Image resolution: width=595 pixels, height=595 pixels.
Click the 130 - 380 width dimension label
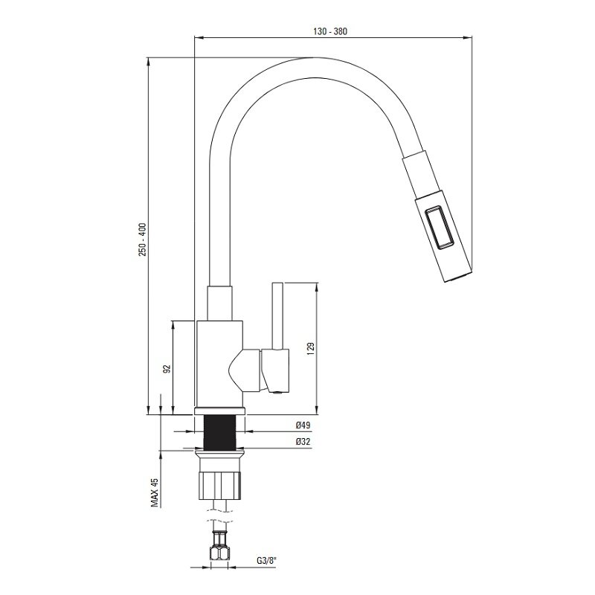coord(329,31)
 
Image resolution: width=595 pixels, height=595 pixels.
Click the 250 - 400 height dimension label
coord(142,239)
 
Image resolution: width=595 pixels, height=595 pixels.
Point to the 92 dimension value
coord(167,368)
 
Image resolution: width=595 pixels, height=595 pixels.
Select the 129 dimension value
coord(310,349)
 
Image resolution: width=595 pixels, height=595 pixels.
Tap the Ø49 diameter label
coord(303,425)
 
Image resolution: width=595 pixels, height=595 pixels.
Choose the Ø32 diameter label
coord(303,442)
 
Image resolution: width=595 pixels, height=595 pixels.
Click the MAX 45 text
coord(155,492)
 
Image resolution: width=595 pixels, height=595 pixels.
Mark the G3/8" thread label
coord(267,561)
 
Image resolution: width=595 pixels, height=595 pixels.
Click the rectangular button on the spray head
coord(439,228)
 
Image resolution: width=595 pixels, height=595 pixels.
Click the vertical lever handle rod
coord(277,315)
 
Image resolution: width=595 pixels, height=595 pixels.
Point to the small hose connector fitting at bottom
coord(219,545)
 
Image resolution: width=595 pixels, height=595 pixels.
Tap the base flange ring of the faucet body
coord(219,411)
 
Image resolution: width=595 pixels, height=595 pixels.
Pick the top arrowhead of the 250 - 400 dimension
coord(148,62)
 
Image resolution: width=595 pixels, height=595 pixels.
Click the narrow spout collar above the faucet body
coord(219,303)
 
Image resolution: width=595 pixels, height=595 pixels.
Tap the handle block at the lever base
coord(275,370)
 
